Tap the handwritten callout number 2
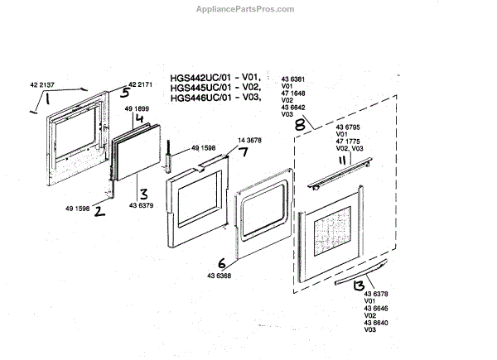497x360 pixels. coord(99,211)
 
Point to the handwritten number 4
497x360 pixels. coord(140,118)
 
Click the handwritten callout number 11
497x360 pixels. coord(340,161)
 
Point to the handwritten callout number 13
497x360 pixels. coord(359,287)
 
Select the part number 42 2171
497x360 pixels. coord(142,85)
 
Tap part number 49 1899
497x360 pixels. coord(137,108)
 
